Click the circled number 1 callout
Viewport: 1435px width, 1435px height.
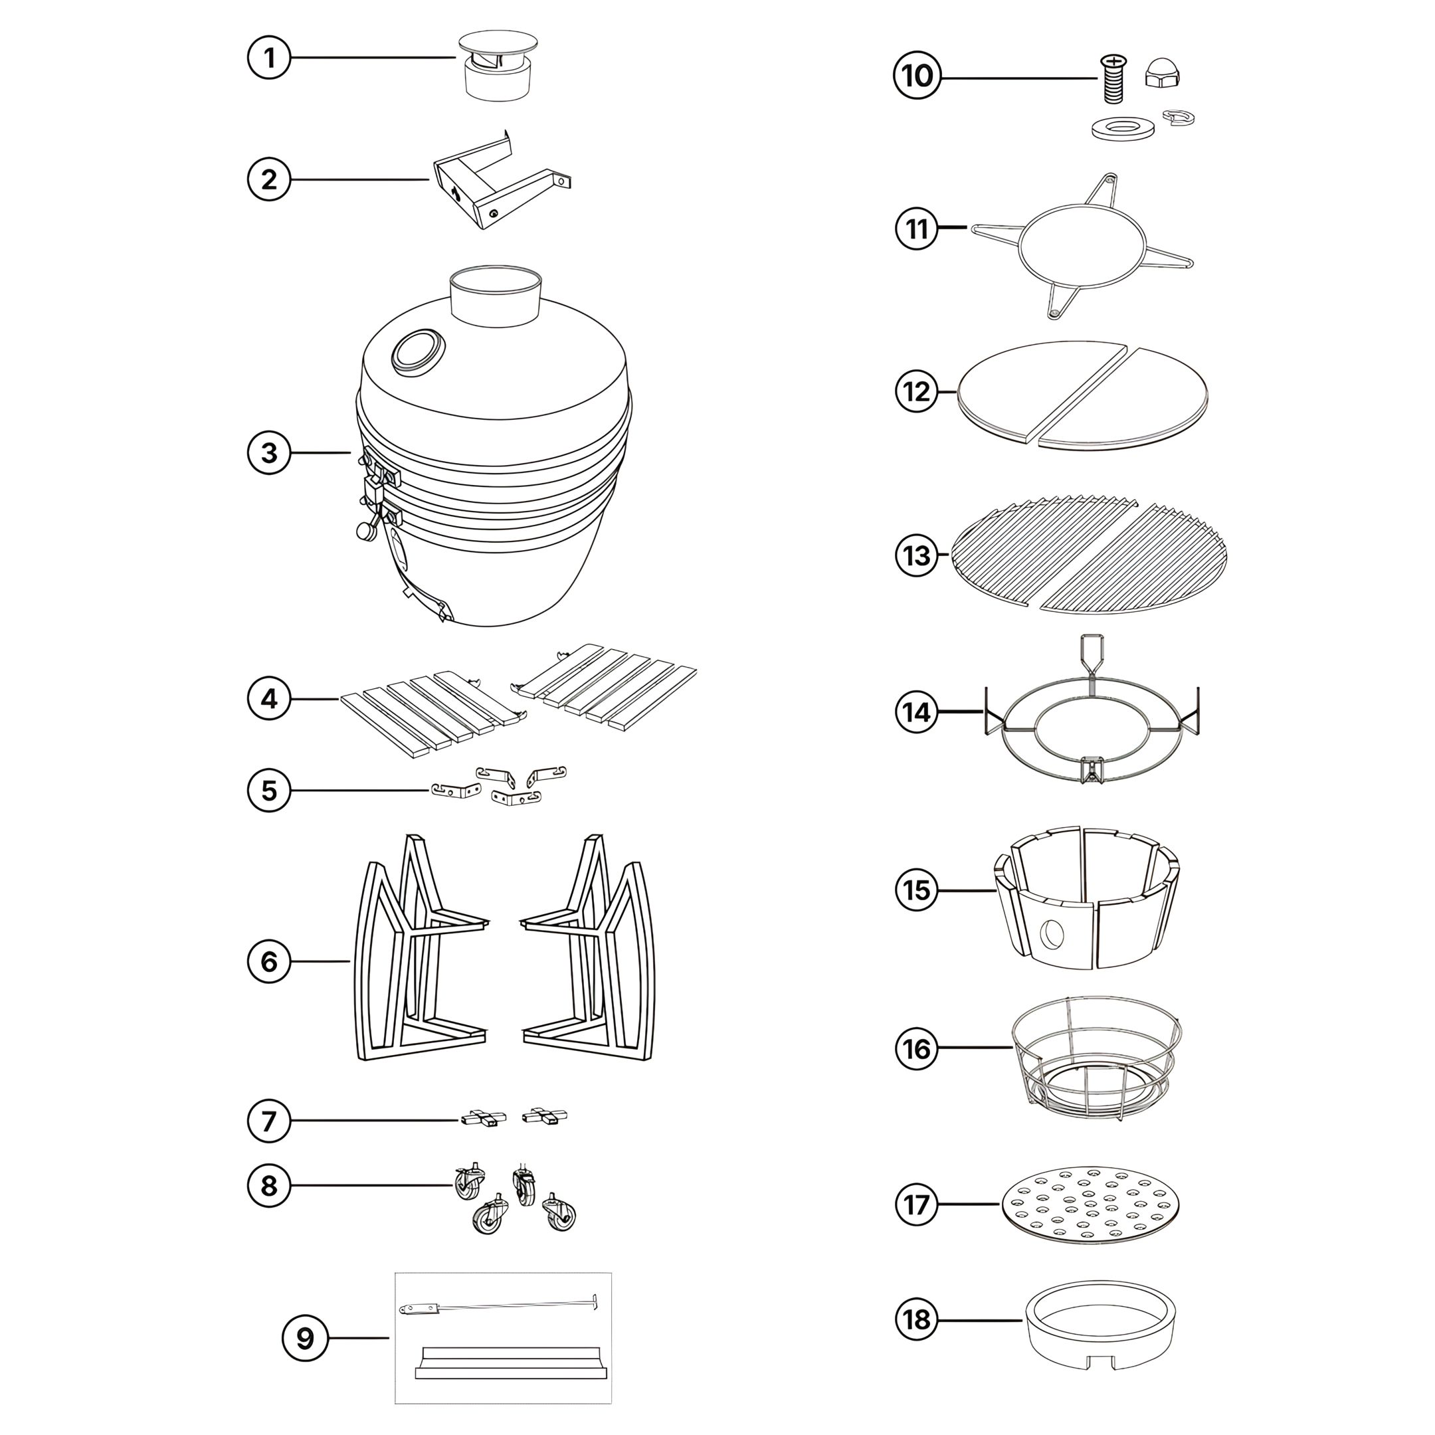point(269,57)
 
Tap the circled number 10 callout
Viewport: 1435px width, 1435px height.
point(917,76)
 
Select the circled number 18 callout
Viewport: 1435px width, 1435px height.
point(917,1320)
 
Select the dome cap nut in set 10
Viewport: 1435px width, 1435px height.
point(1163,74)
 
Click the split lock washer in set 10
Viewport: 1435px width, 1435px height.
point(1179,117)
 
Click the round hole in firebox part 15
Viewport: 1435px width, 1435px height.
point(1052,934)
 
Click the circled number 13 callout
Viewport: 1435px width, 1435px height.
point(917,555)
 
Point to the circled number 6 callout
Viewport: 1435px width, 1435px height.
point(269,962)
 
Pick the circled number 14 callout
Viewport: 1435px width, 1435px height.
point(917,712)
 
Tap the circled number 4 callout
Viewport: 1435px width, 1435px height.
point(269,699)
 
